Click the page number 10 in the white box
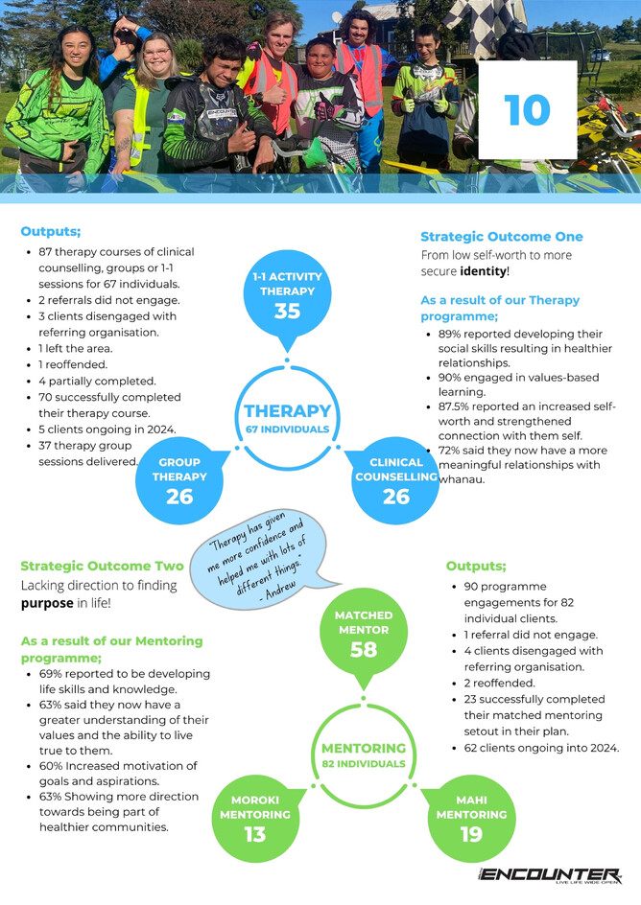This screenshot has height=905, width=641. pyautogui.click(x=527, y=110)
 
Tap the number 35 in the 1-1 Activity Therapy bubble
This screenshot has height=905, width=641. pyautogui.click(x=287, y=311)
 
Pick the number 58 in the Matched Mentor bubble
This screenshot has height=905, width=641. pyautogui.click(x=364, y=650)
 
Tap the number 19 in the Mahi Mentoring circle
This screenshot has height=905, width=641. pyautogui.click(x=471, y=834)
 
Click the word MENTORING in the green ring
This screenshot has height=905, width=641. pyautogui.click(x=364, y=748)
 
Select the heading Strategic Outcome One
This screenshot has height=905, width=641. pyautogui.click(x=501, y=237)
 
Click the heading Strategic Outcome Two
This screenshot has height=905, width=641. pyautogui.click(x=102, y=566)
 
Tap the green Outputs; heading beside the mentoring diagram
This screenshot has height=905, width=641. pyautogui.click(x=476, y=566)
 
